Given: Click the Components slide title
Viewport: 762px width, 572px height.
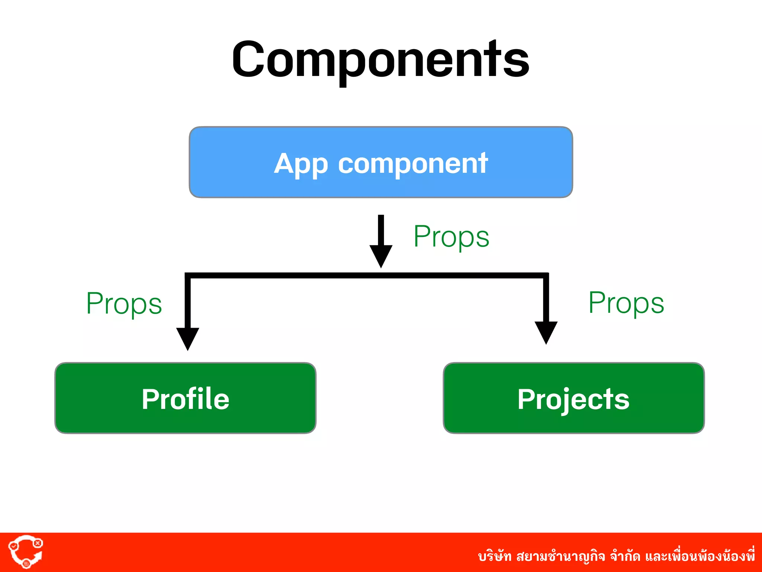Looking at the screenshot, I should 380,60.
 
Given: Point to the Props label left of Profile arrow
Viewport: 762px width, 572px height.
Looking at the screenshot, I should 124,304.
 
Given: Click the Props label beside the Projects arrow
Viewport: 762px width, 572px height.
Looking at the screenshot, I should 626,303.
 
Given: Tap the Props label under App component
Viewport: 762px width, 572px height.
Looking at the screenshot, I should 451,237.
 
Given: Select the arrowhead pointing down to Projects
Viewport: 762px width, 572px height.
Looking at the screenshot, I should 546,331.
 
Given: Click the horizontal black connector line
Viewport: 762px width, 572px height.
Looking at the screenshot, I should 366,276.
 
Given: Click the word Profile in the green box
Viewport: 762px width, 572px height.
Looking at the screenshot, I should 185,399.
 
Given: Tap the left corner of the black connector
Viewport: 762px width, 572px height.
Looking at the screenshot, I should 188,276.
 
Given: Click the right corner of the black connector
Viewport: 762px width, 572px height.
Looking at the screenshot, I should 546,276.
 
